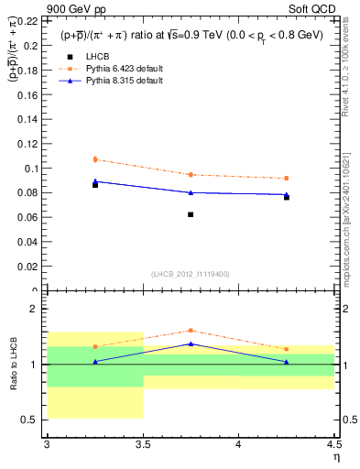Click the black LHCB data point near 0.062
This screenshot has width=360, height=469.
(191, 214)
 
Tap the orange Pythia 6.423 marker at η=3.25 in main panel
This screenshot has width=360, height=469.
(95, 159)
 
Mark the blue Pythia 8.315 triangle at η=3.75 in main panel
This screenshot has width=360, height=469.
(191, 192)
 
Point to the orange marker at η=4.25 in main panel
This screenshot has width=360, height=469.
(287, 178)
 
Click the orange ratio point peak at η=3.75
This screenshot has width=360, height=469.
(191, 331)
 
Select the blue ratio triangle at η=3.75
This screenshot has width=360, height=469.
(191, 344)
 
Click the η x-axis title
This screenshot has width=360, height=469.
(335, 456)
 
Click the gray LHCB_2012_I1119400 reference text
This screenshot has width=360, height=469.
(191, 274)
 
